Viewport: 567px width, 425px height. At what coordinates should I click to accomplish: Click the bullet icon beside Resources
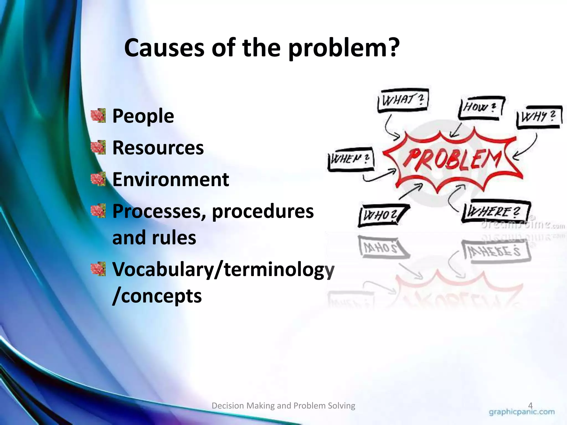point(99,147)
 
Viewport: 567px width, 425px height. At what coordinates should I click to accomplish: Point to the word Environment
point(171,179)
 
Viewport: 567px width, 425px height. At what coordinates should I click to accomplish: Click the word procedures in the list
point(263,211)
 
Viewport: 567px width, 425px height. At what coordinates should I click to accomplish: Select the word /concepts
point(157,296)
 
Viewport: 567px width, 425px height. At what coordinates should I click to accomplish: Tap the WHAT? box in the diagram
point(403,100)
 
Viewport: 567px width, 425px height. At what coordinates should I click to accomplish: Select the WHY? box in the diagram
point(538,117)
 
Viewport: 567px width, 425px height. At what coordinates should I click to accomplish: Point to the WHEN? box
point(350,159)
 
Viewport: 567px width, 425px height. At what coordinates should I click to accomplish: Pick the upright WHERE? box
point(496,212)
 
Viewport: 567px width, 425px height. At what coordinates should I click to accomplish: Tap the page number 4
point(530,406)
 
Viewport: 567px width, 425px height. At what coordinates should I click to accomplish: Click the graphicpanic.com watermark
point(522,412)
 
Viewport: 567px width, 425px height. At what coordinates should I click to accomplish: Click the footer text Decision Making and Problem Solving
point(283,406)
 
